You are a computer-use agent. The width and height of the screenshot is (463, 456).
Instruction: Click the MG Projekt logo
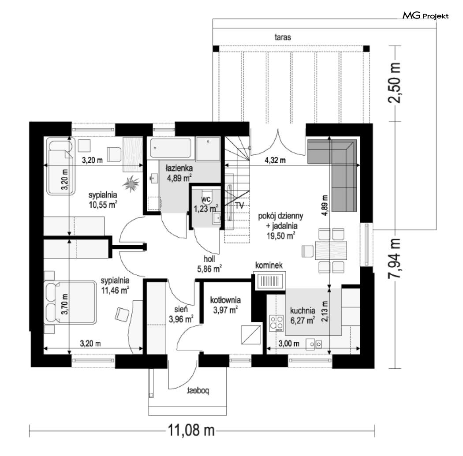click(426, 15)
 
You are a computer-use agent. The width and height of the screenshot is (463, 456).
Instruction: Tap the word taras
click(283, 37)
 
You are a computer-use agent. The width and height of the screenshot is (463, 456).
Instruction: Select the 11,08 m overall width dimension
click(191, 430)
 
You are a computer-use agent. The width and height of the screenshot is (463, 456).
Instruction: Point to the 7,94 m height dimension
click(395, 258)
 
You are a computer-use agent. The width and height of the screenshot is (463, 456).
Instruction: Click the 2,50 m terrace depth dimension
click(395, 83)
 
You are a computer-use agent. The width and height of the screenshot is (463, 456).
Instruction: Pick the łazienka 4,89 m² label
click(179, 173)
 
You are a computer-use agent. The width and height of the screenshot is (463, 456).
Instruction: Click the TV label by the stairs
click(239, 205)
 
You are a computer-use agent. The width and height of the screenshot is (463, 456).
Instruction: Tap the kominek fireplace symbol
click(269, 281)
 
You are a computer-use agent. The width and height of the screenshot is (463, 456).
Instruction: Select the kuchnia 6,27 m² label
click(302, 315)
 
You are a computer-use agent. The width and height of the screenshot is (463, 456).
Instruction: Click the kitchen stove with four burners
click(276, 322)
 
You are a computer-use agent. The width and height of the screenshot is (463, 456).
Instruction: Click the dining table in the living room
click(331, 250)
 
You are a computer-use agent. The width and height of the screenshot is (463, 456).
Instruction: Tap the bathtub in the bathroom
click(171, 148)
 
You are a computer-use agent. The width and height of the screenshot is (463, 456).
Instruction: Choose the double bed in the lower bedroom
click(70, 303)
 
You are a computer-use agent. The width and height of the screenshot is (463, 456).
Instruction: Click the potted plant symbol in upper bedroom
click(131, 183)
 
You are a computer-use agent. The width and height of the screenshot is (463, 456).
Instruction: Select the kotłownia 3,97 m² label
click(225, 305)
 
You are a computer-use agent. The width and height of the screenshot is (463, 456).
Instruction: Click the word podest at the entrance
click(198, 391)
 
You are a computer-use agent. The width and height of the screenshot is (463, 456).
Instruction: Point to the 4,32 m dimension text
click(275, 161)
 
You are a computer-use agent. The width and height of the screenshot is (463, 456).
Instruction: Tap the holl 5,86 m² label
click(209, 264)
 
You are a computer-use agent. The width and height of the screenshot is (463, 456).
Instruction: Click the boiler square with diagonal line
click(251, 335)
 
